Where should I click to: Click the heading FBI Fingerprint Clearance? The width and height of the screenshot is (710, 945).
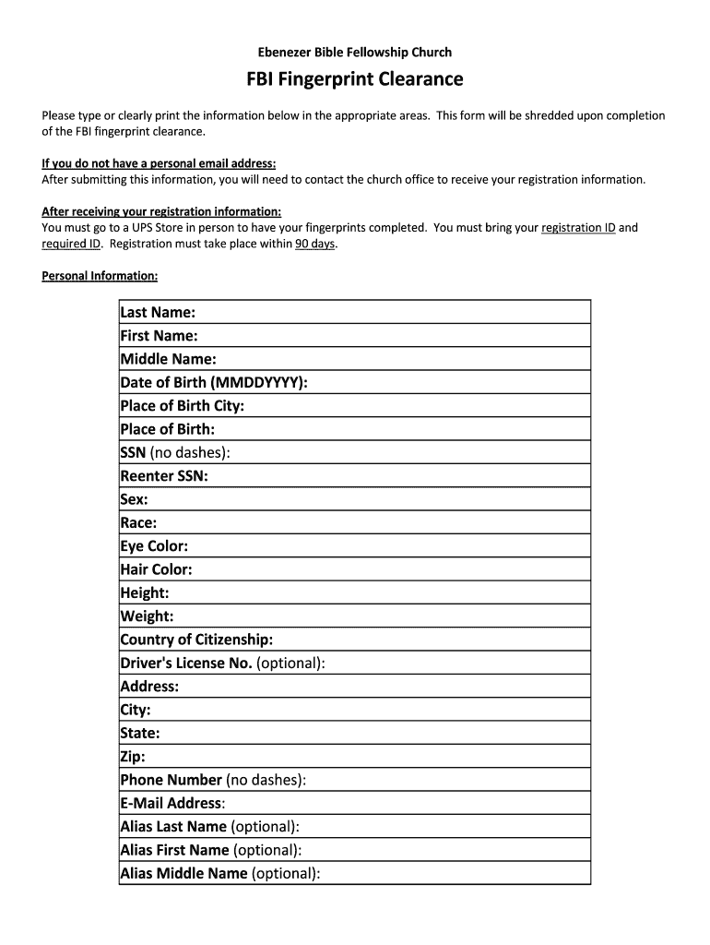coord(354,79)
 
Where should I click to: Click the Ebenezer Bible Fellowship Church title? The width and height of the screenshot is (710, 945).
coord(354,53)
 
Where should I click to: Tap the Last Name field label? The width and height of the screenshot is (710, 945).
coord(158,313)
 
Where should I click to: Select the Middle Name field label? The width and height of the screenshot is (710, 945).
coord(168,359)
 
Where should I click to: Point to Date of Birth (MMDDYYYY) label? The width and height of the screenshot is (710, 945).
coord(214,383)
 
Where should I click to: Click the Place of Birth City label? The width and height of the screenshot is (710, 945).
coord(182,406)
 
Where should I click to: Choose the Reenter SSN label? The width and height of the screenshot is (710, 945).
coord(164,476)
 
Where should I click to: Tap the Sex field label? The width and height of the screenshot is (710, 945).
coord(135,499)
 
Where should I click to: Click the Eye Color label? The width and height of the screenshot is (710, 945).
coord(154,546)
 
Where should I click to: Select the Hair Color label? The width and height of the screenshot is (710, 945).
coord(156,569)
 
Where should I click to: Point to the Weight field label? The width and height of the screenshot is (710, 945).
coord(147,616)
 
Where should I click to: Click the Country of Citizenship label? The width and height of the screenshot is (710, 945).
coord(196,640)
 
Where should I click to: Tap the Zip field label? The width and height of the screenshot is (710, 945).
coord(133,757)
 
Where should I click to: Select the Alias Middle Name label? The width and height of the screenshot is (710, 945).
coord(220,873)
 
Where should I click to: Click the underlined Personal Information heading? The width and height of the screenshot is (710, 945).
coord(100,276)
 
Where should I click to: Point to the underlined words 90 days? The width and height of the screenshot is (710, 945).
coord(314,245)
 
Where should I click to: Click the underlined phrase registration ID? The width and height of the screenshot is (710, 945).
coord(578,227)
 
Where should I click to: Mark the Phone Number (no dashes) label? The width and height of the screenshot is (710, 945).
coord(213,780)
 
